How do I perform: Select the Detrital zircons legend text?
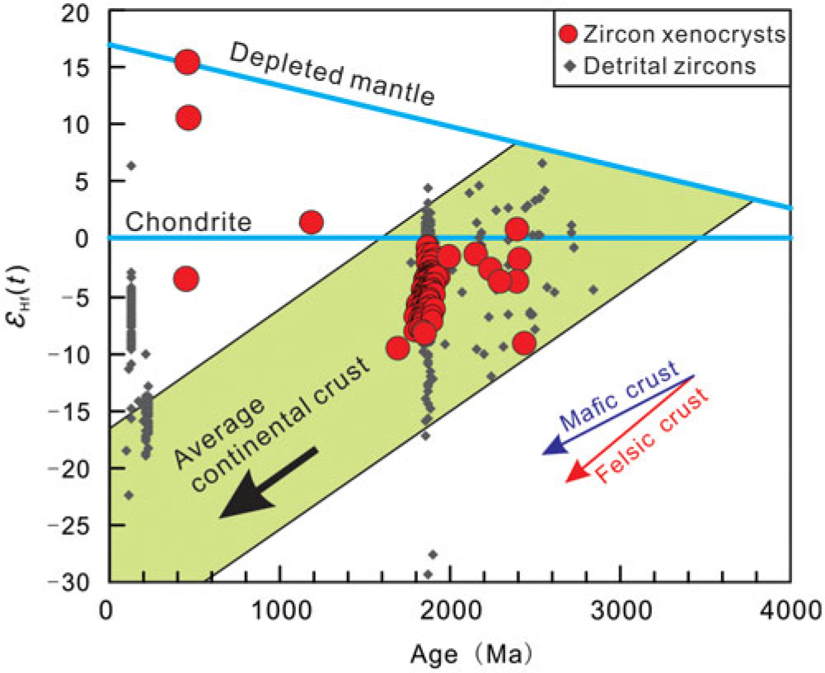[x=668, y=67]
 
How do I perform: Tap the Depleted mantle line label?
[x=330, y=74]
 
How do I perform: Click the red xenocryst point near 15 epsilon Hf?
[x=187, y=62]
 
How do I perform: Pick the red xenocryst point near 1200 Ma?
[x=311, y=222]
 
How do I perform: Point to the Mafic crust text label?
[x=618, y=397]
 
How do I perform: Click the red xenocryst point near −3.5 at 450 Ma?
[x=186, y=280]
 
